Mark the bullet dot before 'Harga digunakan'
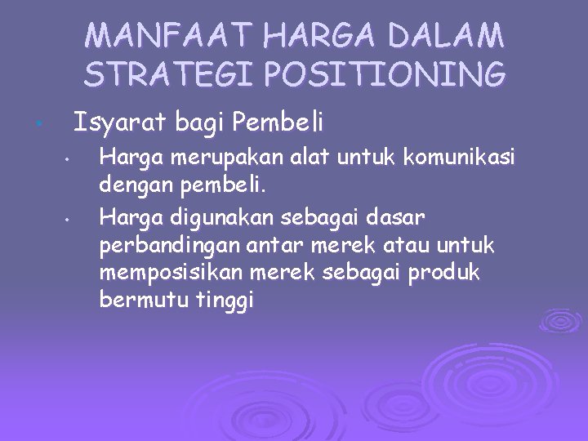coord(71,219)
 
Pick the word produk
coord(448,273)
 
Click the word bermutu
coord(144,300)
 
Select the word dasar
coord(397,218)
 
